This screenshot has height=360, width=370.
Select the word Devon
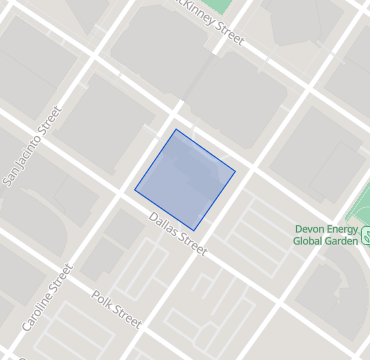311,228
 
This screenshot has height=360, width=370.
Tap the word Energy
345,228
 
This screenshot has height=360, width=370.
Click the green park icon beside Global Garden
367,237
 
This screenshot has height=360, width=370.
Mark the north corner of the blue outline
176,130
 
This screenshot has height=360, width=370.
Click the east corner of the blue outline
235,171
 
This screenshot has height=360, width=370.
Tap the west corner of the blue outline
135,188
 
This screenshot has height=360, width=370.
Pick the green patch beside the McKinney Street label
226,5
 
